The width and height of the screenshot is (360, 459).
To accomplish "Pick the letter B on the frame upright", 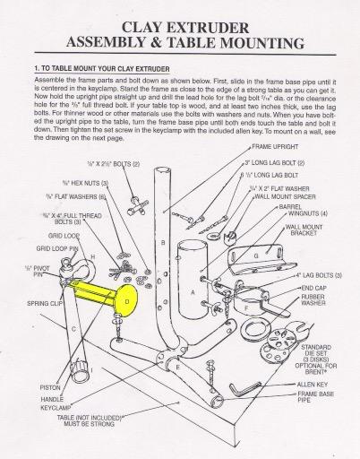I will [x=162, y=242].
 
